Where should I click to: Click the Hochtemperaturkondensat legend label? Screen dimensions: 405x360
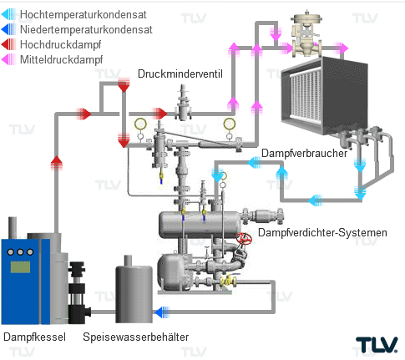pyautogui.click(x=83, y=15)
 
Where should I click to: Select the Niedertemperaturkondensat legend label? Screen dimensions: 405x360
pyautogui.click(x=86, y=29)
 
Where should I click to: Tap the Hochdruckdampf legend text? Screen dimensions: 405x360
pyautogui.click(x=60, y=44)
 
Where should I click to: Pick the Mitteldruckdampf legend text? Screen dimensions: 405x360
pyautogui.click(x=61, y=59)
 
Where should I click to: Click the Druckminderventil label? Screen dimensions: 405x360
pyautogui.click(x=180, y=74)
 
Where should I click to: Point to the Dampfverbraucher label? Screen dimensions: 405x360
pyautogui.click(x=304, y=153)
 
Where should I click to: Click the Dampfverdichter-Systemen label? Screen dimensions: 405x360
pyautogui.click(x=322, y=232)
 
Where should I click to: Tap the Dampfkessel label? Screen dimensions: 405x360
pyautogui.click(x=34, y=337)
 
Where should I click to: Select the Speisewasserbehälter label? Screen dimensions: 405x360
pyautogui.click(x=136, y=337)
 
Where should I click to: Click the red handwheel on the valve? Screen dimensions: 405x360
pyautogui.click(x=244, y=238)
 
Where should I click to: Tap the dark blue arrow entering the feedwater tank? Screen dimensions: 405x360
pyautogui.click(x=162, y=312)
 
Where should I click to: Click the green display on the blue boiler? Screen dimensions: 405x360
pyautogui.click(x=20, y=267)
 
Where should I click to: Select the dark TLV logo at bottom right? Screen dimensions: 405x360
pyautogui.click(x=377, y=345)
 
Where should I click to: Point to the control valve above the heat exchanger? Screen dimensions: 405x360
pyautogui.click(x=306, y=35)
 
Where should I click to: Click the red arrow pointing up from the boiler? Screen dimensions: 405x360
pyautogui.click(x=57, y=163)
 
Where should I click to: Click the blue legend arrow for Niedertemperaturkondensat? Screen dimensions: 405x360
pyautogui.click(x=8, y=29)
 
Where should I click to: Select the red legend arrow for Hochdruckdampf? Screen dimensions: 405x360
pyautogui.click(x=8, y=44)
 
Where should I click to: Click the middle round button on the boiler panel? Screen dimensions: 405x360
pyautogui.click(x=20, y=252)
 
